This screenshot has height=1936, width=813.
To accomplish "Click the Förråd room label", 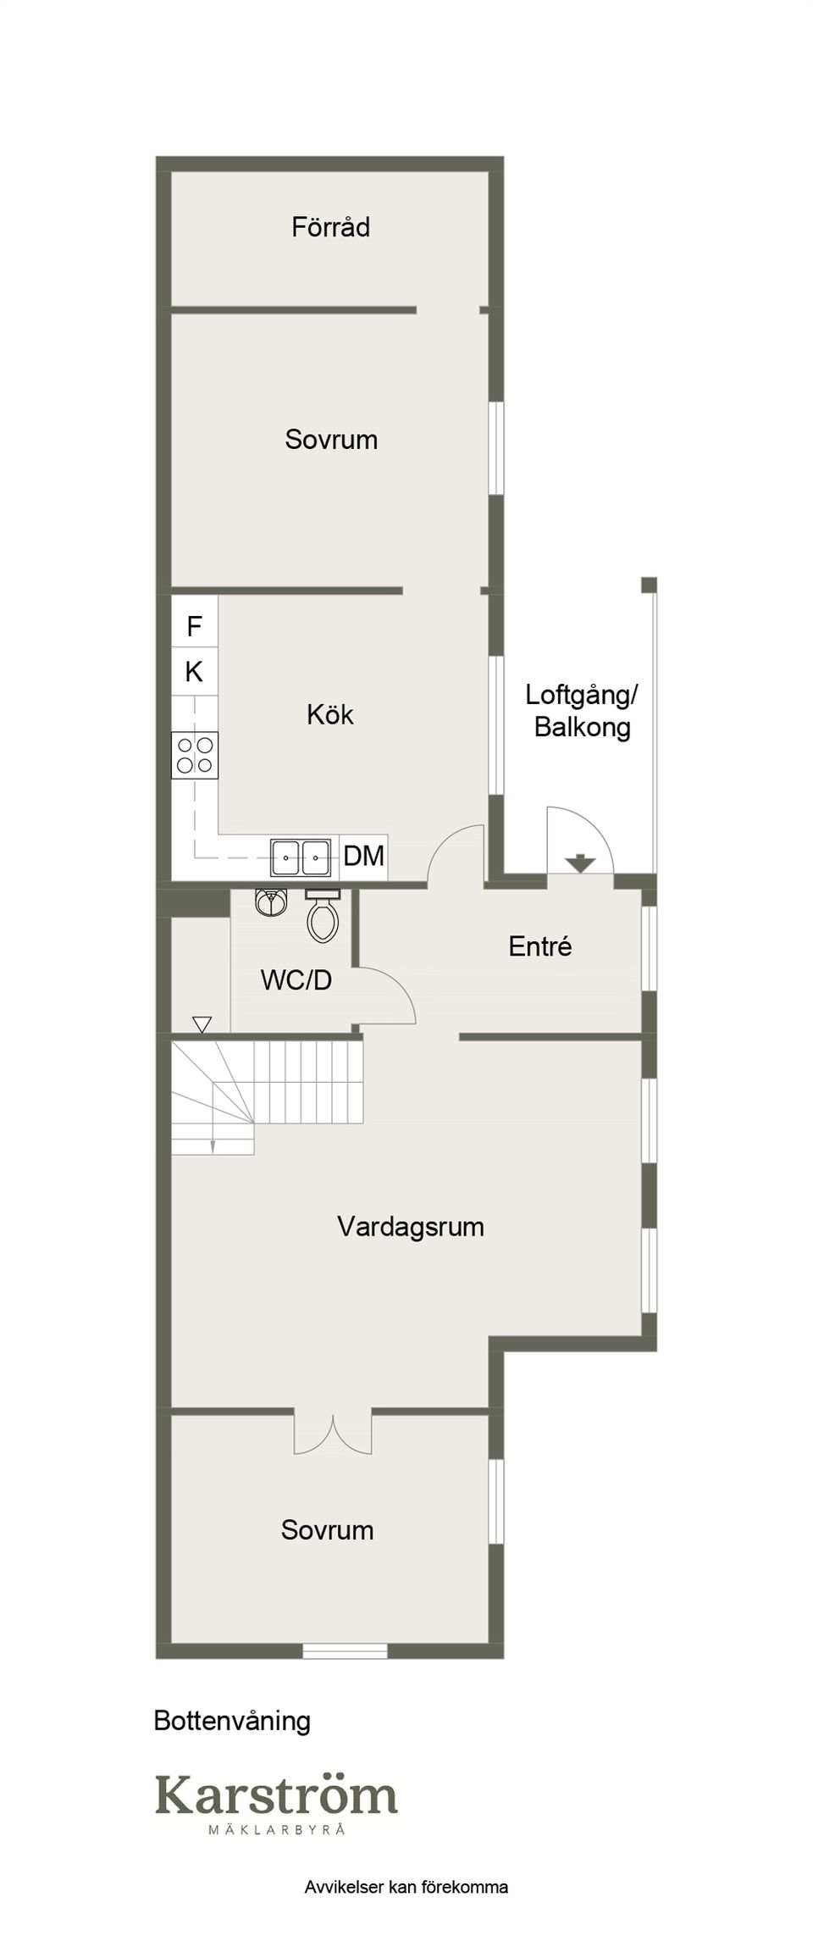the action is [x=330, y=227].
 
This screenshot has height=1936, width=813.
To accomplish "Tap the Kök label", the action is [x=330, y=714].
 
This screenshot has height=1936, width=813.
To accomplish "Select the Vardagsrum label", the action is [x=411, y=1227].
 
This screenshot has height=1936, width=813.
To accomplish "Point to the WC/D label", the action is [x=296, y=980].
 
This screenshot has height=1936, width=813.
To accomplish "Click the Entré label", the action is [x=540, y=946].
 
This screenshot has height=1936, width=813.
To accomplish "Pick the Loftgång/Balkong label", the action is [x=582, y=711].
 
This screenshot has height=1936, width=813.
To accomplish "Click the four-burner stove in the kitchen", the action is [x=195, y=755].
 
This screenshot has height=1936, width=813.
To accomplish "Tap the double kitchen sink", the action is [x=301, y=857].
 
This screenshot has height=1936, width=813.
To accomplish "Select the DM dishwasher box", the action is [x=364, y=857].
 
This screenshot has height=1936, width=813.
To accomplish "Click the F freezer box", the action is [x=195, y=626].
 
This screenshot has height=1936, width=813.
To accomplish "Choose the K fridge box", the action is [x=195, y=672].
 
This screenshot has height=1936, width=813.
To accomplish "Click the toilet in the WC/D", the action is [x=322, y=916].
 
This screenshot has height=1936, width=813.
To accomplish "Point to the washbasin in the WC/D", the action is [x=271, y=901].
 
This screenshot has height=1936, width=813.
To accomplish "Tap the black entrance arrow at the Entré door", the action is [x=580, y=863].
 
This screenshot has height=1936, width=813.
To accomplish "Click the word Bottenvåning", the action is [x=232, y=1721].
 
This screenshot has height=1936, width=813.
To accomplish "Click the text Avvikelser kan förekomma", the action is [x=406, y=1887].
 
